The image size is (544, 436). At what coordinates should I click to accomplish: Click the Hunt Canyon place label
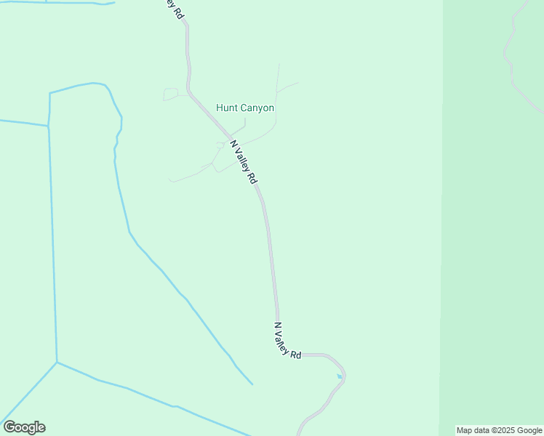coord(245,108)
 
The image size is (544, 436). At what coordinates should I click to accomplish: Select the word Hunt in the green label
coord(227,108)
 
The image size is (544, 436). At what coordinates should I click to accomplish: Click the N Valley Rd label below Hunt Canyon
coord(244,161)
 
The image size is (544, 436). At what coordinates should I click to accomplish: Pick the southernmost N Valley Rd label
coord(287,340)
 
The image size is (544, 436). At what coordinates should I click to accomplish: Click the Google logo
coord(24,427)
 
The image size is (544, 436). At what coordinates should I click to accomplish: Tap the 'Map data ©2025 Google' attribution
coord(499,430)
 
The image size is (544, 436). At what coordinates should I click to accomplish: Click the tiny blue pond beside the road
coord(339,376)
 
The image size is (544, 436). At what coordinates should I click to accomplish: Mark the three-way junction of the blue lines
coord(57,362)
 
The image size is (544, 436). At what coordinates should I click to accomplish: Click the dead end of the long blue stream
coord(252,384)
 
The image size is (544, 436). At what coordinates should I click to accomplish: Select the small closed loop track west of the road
coord(170,94)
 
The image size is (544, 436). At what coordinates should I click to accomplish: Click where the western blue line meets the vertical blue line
coord(48,126)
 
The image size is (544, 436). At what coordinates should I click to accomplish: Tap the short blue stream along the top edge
coord(58,2)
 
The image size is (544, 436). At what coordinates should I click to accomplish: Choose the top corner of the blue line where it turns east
coord(50,94)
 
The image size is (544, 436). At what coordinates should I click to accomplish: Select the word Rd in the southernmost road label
coord(295,354)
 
